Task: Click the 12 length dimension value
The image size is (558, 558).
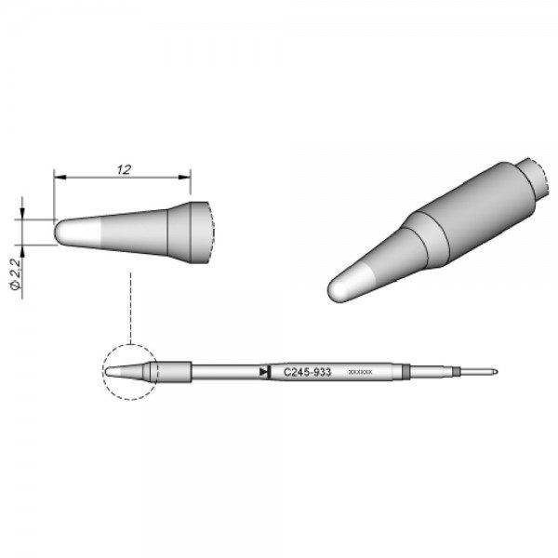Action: pyautogui.click(x=123, y=169)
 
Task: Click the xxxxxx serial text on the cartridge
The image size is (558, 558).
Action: pyautogui.click(x=360, y=372)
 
